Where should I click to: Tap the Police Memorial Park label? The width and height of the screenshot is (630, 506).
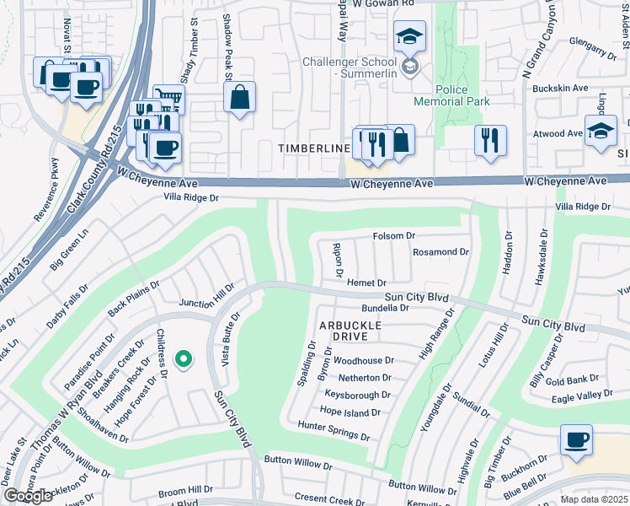click(451, 94)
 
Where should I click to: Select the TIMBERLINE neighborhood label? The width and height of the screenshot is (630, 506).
click(314, 148)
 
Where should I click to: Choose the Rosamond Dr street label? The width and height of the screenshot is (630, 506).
click(440, 252)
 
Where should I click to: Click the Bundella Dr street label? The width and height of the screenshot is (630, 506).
click(385, 309)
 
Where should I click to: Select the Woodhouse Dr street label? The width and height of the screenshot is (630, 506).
click(364, 360)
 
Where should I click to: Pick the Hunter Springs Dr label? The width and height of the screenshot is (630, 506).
click(334, 432)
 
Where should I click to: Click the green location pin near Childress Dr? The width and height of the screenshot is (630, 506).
click(183, 360)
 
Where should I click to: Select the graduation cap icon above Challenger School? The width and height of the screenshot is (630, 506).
click(409, 37)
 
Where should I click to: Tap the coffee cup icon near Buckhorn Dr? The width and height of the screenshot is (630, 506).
click(577, 440)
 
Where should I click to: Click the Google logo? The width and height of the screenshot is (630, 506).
click(29, 497)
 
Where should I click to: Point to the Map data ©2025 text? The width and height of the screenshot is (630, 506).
click(595, 499)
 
